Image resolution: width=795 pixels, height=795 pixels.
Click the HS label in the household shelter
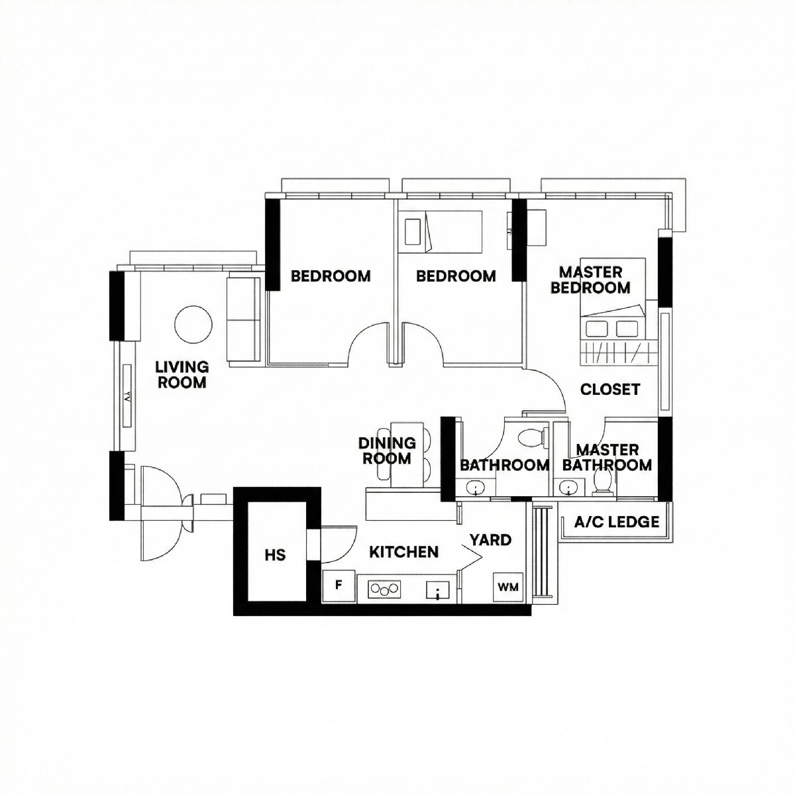click(x=275, y=555)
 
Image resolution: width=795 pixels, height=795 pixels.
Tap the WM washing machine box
click(x=508, y=587)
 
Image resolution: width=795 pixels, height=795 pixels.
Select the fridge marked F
click(x=339, y=586)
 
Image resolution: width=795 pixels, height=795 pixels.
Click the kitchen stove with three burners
click(x=384, y=589)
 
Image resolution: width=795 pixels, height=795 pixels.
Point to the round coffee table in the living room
click(x=193, y=324)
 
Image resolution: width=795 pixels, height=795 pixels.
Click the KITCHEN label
click(x=403, y=552)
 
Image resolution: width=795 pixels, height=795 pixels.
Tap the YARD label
click(x=490, y=540)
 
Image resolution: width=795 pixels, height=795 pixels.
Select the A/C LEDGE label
click(x=616, y=522)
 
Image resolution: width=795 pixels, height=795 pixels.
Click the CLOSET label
click(x=609, y=389)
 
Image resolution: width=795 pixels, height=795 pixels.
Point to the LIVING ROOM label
click(x=182, y=374)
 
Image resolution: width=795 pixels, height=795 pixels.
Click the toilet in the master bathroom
click(x=603, y=482)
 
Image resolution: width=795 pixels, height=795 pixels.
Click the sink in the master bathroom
click(x=569, y=487)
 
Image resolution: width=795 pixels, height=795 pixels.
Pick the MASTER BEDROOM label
click(x=591, y=280)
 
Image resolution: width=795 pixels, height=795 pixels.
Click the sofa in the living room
click(x=243, y=319)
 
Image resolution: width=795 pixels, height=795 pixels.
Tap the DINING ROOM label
click(x=387, y=450)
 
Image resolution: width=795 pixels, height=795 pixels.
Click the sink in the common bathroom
click(x=476, y=487)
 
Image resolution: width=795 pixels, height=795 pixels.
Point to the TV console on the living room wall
click(x=127, y=396)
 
